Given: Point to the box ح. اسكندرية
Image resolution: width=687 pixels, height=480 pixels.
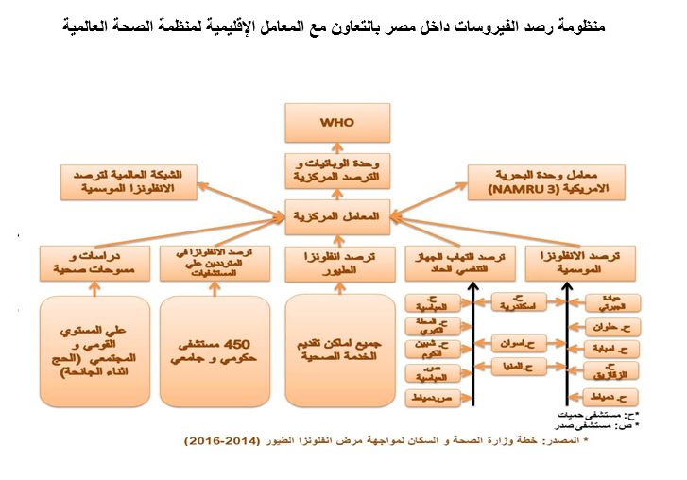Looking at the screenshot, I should click(518, 303).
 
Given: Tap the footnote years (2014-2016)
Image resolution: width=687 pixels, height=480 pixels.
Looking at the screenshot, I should click(222, 441).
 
